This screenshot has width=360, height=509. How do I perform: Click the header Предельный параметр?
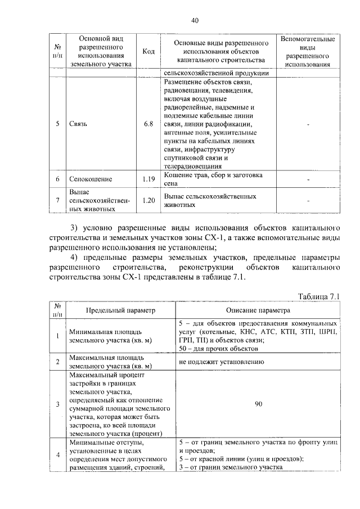tap(120, 310)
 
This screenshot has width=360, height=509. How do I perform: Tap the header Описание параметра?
tap(259, 310)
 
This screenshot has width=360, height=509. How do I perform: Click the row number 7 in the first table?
tap(57, 200)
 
